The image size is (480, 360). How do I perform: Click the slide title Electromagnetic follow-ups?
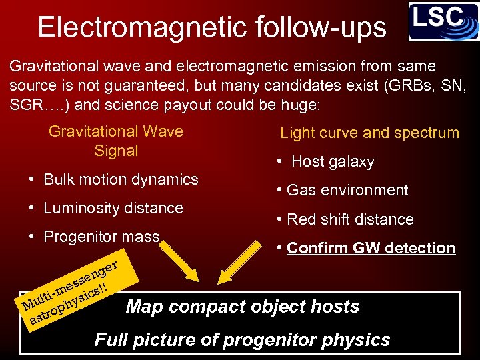click(211, 27)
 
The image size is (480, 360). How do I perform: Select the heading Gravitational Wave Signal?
click(116, 141)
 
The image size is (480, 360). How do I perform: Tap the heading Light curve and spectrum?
click(369, 133)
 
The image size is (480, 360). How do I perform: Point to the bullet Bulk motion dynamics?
click(121, 179)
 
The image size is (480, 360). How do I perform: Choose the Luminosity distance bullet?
click(113, 208)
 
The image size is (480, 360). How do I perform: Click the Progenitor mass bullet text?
click(101, 237)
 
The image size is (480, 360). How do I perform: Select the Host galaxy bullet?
click(333, 161)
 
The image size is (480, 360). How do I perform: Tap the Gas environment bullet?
click(347, 190)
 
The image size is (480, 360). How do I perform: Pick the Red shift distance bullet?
click(349, 219)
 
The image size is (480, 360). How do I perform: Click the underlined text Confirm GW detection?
click(371, 248)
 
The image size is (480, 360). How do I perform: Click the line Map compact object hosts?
click(243, 307)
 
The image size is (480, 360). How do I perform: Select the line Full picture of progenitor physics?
click(242, 340)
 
